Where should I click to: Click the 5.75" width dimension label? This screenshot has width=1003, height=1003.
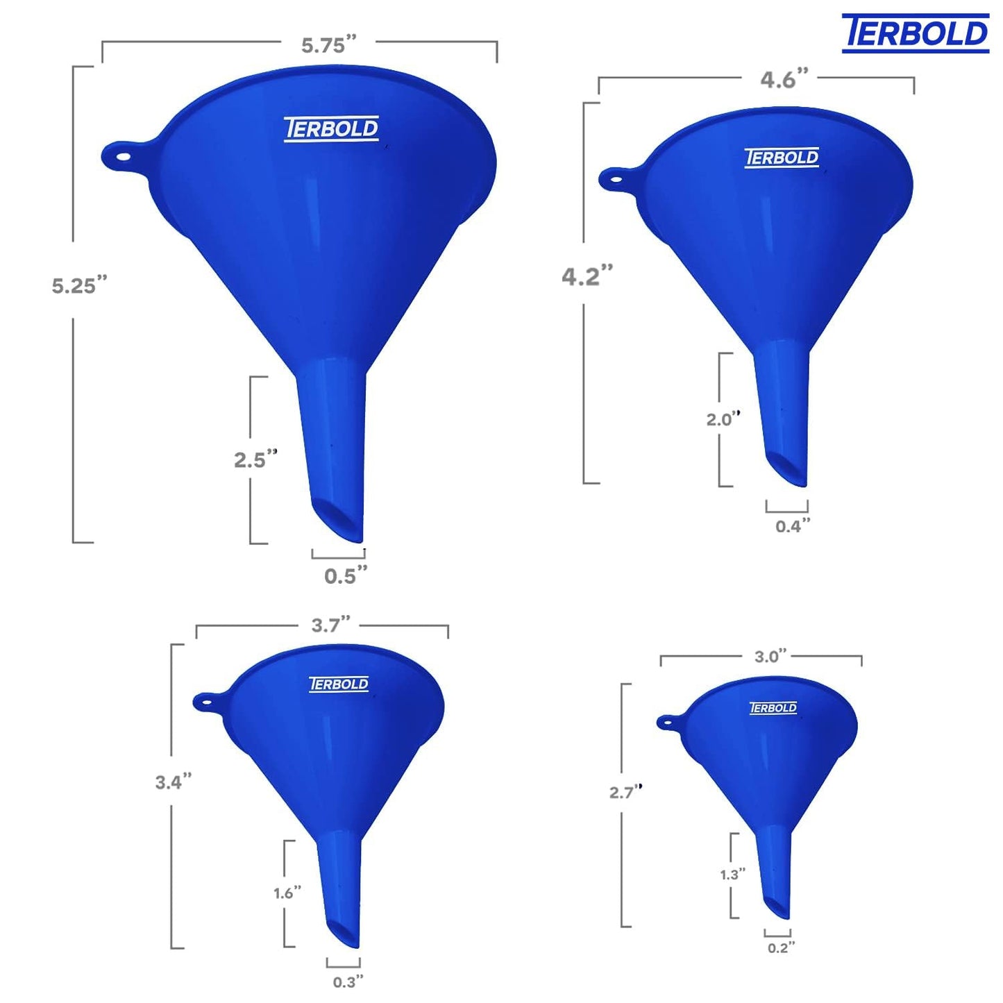tap(328, 45)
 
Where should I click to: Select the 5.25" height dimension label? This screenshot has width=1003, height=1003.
tap(79, 285)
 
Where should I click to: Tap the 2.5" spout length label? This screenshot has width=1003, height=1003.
tap(255, 460)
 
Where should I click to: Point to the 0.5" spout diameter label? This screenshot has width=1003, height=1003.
tap(345, 575)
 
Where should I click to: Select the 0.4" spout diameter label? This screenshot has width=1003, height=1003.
tap(792, 526)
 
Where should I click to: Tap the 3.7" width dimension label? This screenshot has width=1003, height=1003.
tap(330, 625)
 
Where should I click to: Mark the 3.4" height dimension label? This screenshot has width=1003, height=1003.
tap(173, 782)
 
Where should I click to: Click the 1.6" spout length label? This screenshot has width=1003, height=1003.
tap(287, 893)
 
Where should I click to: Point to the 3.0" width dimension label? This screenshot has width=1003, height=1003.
tap(770, 657)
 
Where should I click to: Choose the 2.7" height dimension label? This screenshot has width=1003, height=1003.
tap(625, 792)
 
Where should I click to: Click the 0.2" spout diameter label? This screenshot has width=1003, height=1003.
tap(781, 948)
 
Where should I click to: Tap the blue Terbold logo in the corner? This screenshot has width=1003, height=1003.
tap(915, 33)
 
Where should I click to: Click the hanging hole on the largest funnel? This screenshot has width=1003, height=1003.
tap(122, 156)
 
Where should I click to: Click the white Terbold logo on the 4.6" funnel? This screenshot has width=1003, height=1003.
tap(782, 158)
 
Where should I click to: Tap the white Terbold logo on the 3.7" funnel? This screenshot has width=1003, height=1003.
tap(339, 684)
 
